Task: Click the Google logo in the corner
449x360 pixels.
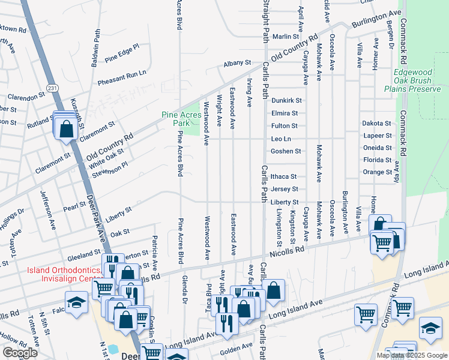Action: [x=20, y=353]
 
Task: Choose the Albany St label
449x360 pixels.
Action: [x=237, y=62]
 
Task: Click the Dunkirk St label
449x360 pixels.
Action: [x=286, y=101]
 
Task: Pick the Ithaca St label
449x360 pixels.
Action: [x=284, y=176]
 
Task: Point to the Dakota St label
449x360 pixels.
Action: [x=376, y=123]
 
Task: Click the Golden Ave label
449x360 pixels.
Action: [x=236, y=347]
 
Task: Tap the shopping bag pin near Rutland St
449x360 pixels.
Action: [x=67, y=127]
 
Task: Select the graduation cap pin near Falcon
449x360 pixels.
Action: [x=77, y=302]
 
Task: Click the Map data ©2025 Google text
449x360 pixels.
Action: [x=411, y=355]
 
